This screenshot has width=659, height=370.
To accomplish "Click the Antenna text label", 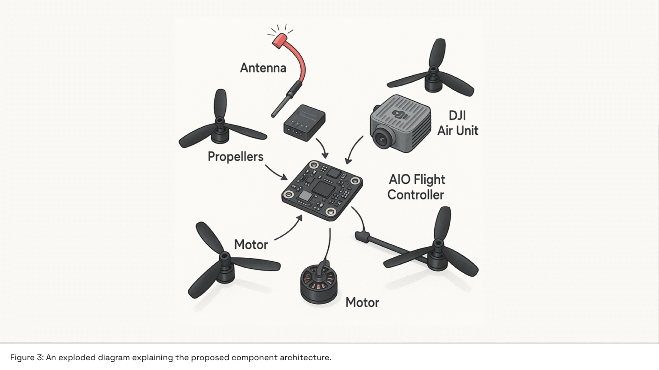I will coord(263,68).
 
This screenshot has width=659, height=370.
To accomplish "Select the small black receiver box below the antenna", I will coord(304,122).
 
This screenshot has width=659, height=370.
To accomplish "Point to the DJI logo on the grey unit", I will coord(400,115).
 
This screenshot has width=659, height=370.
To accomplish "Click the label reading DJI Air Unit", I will coord(457,123).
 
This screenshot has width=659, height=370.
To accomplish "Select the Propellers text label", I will coord(235,156).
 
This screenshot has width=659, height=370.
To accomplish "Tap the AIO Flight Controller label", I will coord(416,187).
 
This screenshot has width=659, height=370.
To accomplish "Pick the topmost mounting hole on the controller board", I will coord(314,165).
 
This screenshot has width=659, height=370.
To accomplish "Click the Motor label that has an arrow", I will coord(251,245).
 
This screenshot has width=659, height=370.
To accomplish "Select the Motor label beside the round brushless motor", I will coord(362,302).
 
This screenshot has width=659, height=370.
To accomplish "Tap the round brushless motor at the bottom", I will coord(319,284).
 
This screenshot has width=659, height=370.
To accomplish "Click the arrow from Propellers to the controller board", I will coord(276,173).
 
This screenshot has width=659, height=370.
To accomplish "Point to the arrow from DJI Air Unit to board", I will coord(354,150).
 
